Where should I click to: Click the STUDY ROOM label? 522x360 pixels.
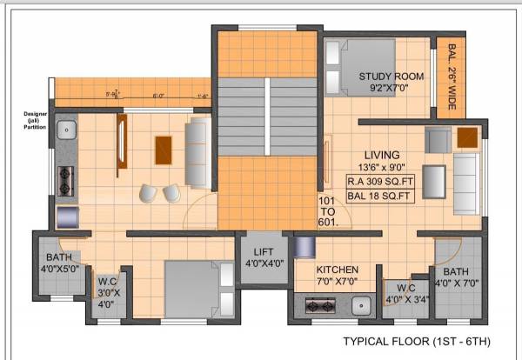click(x=391, y=82)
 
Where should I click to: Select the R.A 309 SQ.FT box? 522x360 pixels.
click(x=379, y=182)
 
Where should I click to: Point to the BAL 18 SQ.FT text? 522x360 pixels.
click(x=379, y=197)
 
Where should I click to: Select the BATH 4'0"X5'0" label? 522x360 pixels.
click(x=58, y=263)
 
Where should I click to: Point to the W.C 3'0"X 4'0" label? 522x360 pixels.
click(x=107, y=292)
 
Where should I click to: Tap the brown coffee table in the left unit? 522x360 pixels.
click(x=164, y=150)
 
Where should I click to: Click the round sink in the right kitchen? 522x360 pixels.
click(x=358, y=306)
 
